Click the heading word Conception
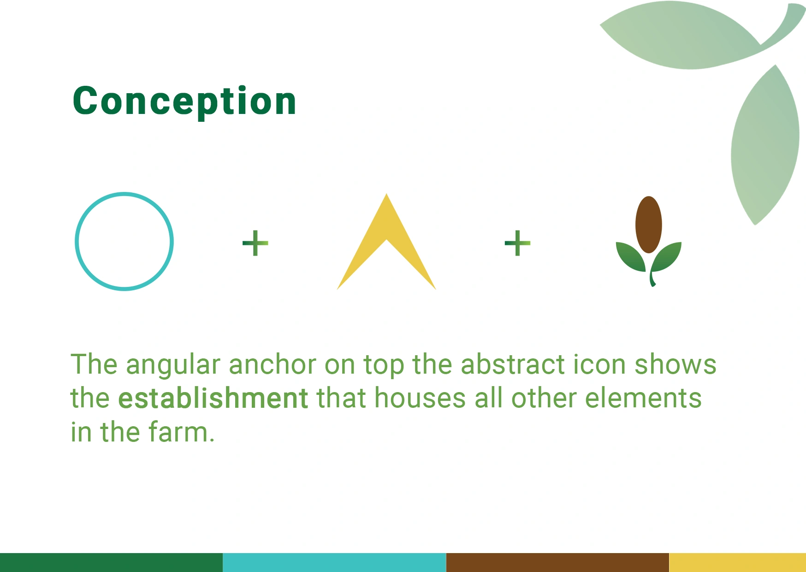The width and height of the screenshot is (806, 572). (184, 101)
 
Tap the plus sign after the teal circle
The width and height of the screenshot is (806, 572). (255, 243)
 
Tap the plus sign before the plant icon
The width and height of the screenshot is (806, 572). (517, 243)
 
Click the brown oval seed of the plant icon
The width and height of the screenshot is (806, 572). (648, 225)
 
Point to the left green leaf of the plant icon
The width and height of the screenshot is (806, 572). (630, 257)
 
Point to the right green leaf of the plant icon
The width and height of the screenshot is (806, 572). (667, 257)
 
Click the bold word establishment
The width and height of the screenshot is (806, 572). (213, 398)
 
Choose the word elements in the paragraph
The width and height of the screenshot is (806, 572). (643, 398)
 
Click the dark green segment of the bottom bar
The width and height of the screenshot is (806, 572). (111, 562)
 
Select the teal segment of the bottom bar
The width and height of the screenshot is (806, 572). (334, 562)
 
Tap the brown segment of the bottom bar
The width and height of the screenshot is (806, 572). (557, 562)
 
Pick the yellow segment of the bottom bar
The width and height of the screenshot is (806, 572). (737, 562)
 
